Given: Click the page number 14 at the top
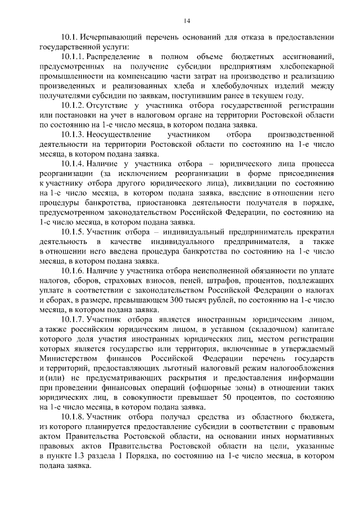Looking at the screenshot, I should (x=187, y=21).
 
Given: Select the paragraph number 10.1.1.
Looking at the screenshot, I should (x=73, y=57).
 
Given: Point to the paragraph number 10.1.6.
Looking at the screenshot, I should (x=73, y=271).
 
